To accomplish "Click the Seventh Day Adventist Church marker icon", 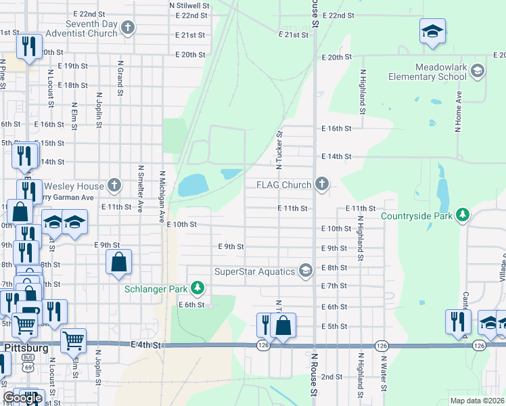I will click(x=127, y=28).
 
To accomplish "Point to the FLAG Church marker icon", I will click(x=322, y=184).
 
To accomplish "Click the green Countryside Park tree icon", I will click(x=462, y=216).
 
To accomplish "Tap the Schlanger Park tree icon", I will click(x=198, y=289).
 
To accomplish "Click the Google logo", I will click(x=22, y=398).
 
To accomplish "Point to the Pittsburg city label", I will click(x=26, y=347).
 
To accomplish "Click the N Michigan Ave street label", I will click(x=162, y=197).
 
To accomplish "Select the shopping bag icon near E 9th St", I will click(x=118, y=263).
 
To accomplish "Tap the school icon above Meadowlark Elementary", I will click(x=432, y=31).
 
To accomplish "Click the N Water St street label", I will click(x=383, y=374).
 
